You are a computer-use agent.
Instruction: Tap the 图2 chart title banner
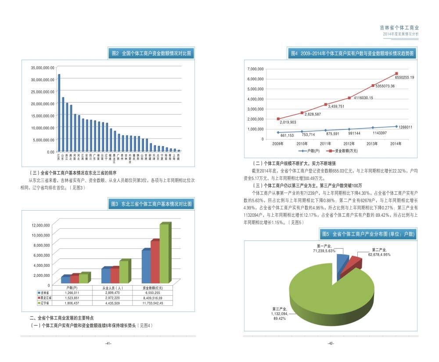(151, 54)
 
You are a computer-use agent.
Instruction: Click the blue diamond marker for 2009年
(278, 132)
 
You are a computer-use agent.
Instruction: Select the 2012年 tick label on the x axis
(349, 143)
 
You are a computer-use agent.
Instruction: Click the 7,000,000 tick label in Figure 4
(255, 69)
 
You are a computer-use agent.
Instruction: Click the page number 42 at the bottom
(331, 344)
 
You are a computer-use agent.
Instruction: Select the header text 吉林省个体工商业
(399, 27)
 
